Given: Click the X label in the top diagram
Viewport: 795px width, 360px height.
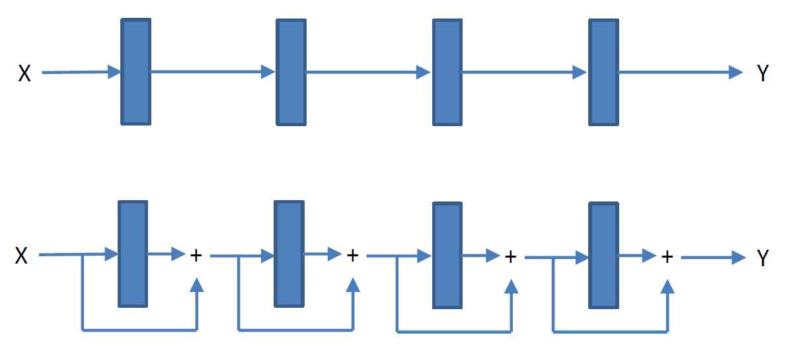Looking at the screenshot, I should pyautogui.click(x=24, y=73).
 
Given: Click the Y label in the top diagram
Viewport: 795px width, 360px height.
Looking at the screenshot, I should pyautogui.click(x=763, y=73).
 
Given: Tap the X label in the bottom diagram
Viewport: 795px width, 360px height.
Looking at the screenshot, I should pyautogui.click(x=22, y=256).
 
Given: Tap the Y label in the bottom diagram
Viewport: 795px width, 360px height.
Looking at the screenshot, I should pyautogui.click(x=763, y=258).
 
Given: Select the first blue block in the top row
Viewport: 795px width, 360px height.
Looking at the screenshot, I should pyautogui.click(x=136, y=72).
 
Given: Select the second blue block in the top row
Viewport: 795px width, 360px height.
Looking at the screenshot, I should pyautogui.click(x=291, y=72).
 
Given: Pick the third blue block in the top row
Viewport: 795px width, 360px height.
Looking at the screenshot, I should pyautogui.click(x=447, y=72).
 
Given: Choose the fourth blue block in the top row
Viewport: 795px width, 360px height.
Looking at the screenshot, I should pyautogui.click(x=603, y=72).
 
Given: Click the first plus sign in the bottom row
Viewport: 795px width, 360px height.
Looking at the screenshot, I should pyautogui.click(x=196, y=255).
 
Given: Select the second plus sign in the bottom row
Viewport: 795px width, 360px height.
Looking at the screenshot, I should pyautogui.click(x=353, y=255).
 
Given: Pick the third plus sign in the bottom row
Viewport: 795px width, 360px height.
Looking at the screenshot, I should pyautogui.click(x=510, y=256).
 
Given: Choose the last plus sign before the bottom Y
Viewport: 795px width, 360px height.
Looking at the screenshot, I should pyautogui.click(x=667, y=256).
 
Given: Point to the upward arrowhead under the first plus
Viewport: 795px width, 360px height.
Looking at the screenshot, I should pyautogui.click(x=196, y=285).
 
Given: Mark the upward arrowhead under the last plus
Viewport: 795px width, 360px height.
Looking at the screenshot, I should pyautogui.click(x=668, y=286).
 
